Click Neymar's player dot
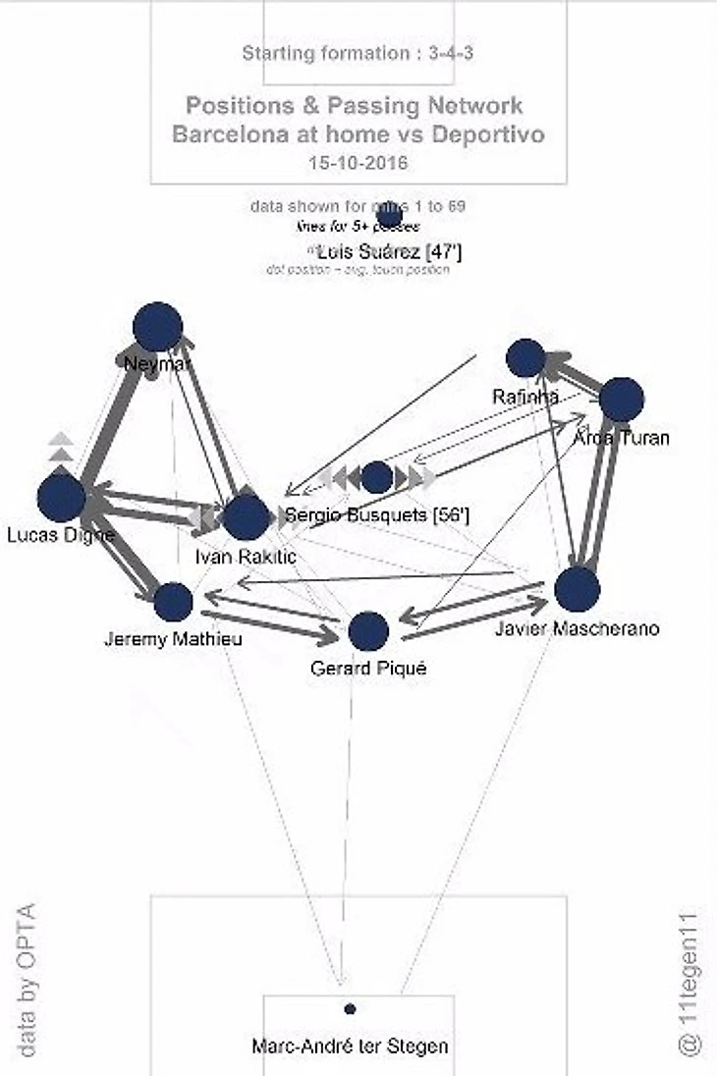[x=157, y=327]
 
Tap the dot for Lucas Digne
[x=61, y=498]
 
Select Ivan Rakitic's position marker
[x=246, y=517]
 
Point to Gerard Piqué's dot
[x=368, y=631]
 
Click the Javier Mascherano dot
[x=577, y=589]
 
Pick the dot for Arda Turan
[x=621, y=400]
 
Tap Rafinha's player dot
[x=525, y=358]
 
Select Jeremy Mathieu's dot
[x=173, y=602]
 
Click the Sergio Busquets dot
[x=377, y=478]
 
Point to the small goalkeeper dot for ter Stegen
[x=350, y=1008]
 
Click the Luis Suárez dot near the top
[x=389, y=214]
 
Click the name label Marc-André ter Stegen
[x=350, y=1047]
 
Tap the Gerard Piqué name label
[x=355, y=669]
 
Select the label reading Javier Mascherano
[x=577, y=629]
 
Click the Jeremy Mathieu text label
[x=173, y=639]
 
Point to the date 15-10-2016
[x=358, y=162]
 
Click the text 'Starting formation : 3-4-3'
[x=358, y=53]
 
